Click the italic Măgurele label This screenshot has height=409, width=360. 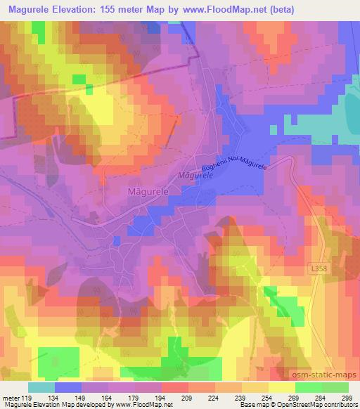pyautogui.click(x=195, y=176)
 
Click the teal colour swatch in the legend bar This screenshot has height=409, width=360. pyautogui.click(x=41, y=387)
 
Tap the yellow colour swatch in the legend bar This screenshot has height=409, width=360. pyautogui.click(x=281, y=387)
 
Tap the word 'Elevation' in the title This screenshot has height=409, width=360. pyautogui.click(x=72, y=9)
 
